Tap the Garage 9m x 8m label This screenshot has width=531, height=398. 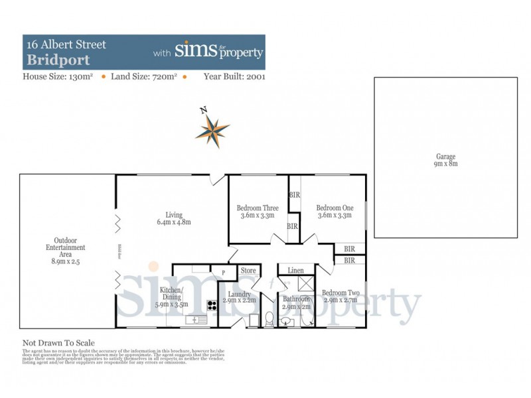tap(445, 160)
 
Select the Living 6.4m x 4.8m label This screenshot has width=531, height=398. tap(174, 218)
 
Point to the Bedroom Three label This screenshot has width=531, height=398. tap(258, 212)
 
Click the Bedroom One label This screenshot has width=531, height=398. tap(335, 212)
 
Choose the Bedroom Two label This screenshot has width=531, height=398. tap(340, 297)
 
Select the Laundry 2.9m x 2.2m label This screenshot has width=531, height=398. tap(239, 298)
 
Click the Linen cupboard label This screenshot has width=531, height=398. tap(296, 270)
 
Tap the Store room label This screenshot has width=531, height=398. tap(248, 271)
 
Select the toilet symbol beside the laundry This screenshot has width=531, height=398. tap(269, 320)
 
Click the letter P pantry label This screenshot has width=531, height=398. tap(223, 272)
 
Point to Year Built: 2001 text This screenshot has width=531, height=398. tap(234, 76)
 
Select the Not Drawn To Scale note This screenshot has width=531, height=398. tap(59, 343)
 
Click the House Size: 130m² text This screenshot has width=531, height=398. tap(60, 76)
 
